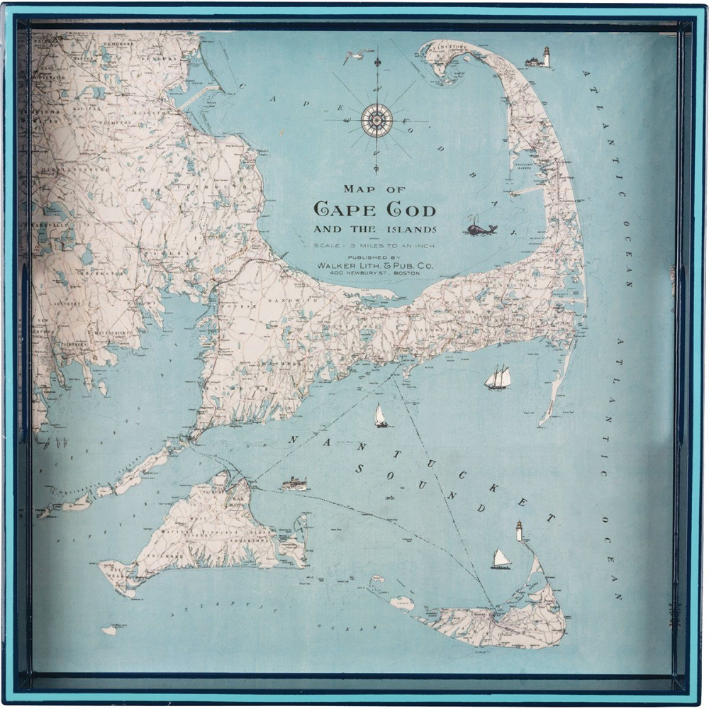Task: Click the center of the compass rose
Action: click(x=376, y=120)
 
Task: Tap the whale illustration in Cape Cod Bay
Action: click(x=481, y=228)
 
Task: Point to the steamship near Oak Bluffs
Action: click(x=294, y=484)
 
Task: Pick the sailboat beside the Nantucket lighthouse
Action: click(x=501, y=559)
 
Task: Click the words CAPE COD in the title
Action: click(x=375, y=209)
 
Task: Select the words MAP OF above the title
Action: click(x=374, y=189)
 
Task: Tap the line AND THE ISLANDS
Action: click(x=375, y=229)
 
